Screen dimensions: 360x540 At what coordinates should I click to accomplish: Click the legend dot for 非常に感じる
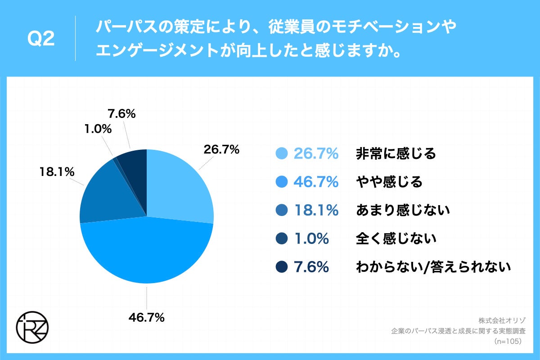pyautogui.click(x=282, y=154)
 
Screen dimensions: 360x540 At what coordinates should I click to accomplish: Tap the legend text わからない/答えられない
pyautogui.click(x=433, y=267)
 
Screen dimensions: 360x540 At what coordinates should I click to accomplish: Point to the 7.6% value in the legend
pyautogui.click(x=311, y=267)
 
